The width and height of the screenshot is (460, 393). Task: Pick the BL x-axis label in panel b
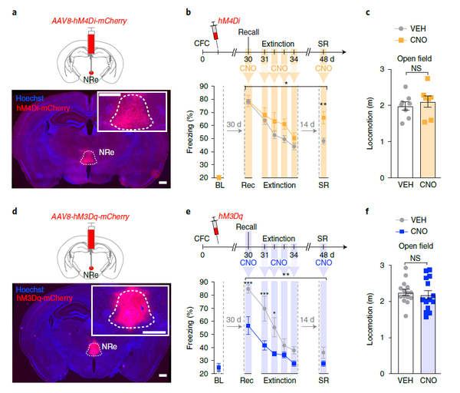pyautogui.click(x=219, y=185)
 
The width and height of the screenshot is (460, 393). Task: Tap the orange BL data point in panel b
pyautogui.click(x=219, y=177)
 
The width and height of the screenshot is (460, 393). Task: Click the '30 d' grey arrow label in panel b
pyautogui.click(x=234, y=124)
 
